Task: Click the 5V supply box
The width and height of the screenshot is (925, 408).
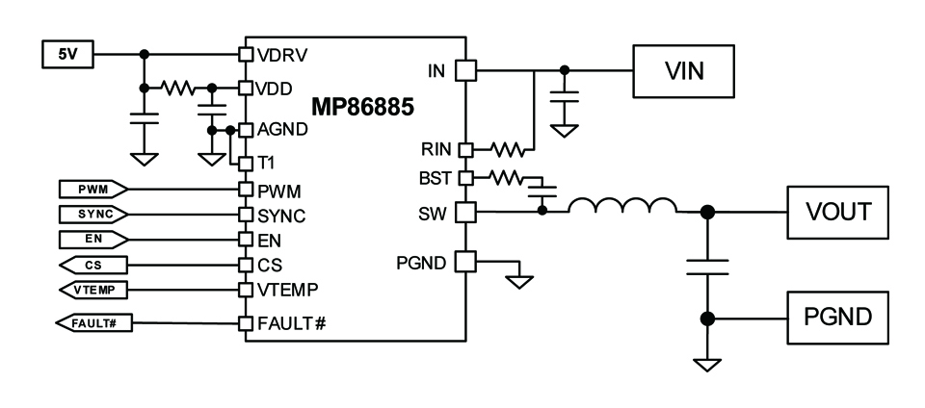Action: (x=67, y=54)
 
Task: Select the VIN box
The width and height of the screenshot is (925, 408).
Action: (x=684, y=70)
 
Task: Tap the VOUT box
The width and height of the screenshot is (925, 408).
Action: (x=837, y=212)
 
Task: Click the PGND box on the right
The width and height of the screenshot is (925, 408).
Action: (x=837, y=318)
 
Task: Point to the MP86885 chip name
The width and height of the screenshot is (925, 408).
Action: (x=363, y=108)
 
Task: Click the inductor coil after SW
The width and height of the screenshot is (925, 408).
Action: (x=622, y=206)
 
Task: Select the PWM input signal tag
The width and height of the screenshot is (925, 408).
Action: (x=93, y=189)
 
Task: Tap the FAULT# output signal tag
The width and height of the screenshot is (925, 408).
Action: (x=93, y=322)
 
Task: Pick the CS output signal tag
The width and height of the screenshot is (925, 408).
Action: (x=93, y=265)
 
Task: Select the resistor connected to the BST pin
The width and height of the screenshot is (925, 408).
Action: (x=506, y=177)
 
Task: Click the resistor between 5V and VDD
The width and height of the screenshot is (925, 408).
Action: (x=177, y=89)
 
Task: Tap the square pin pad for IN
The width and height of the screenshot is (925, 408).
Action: (x=466, y=70)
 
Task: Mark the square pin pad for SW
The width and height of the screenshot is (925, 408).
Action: (x=466, y=212)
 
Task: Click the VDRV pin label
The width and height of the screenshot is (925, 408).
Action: (x=283, y=55)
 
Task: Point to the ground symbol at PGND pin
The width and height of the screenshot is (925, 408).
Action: (x=519, y=281)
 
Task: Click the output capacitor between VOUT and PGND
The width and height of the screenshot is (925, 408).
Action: (x=706, y=267)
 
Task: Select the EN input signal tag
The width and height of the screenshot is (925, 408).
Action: (x=93, y=240)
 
